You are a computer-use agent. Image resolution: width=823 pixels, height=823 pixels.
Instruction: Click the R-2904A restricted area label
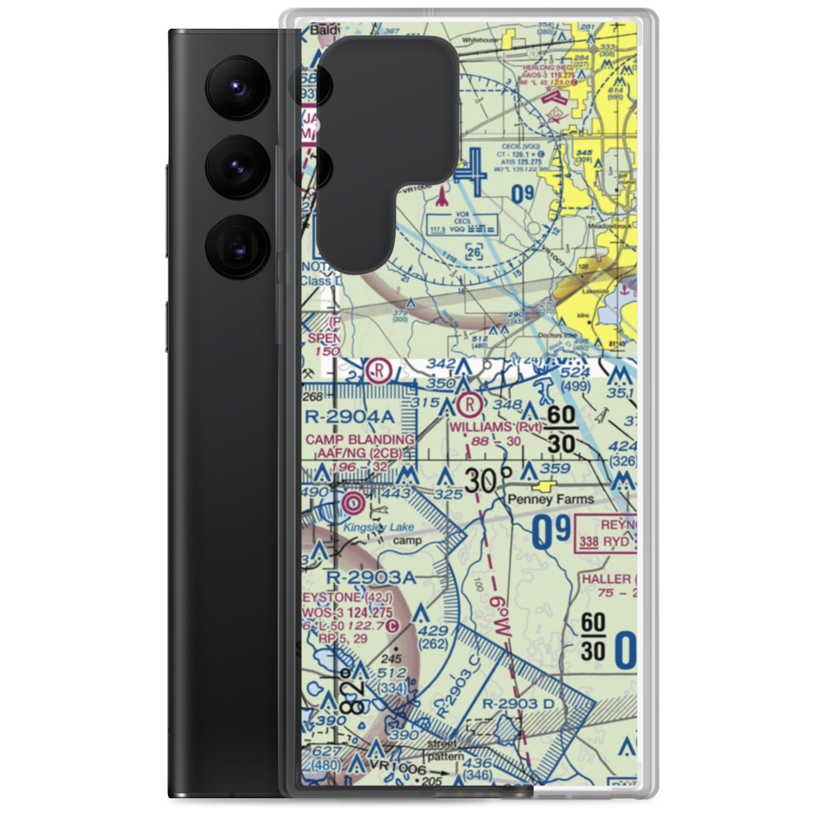point(350,418)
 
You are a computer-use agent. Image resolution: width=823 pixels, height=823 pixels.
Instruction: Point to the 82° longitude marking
point(350,697)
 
